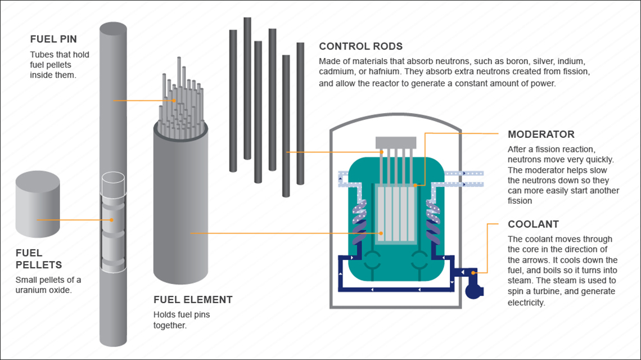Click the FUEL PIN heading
click(x=53, y=39)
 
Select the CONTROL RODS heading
click(x=360, y=46)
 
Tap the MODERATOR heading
click(x=541, y=134)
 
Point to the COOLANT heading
click(x=533, y=224)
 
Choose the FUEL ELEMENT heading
click(x=193, y=300)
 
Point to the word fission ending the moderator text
click(x=520, y=201)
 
